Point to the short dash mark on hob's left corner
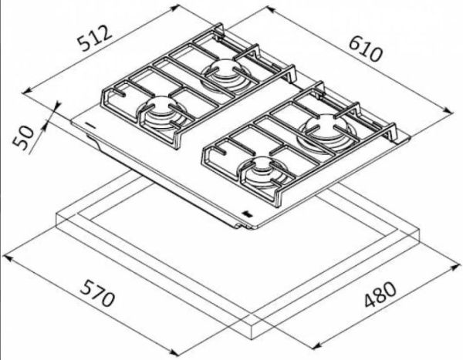90,123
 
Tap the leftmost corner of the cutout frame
57,216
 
